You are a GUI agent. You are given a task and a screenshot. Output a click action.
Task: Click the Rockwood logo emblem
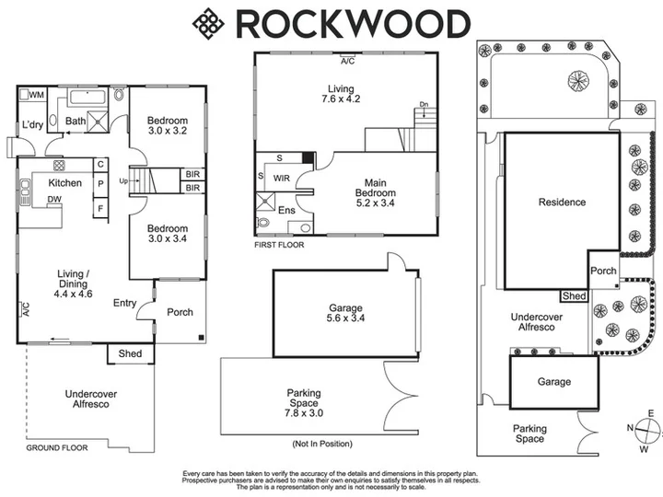pos(208,24)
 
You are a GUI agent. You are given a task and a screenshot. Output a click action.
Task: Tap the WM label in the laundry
pos(37,95)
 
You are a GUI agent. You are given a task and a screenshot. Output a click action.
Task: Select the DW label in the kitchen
pos(54,199)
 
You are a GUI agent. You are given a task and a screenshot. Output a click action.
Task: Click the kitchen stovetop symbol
pos(59,165)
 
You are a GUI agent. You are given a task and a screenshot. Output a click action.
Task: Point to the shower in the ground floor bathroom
pos(98,121)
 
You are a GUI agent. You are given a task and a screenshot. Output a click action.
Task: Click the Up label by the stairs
pos(123,181)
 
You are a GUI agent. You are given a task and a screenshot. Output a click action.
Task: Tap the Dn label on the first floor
pos(424,104)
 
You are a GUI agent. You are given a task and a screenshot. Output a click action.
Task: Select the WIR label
pos(282,179)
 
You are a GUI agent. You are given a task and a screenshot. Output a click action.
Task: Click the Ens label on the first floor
pos(286,210)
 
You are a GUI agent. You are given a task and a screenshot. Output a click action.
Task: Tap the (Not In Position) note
pos(322,444)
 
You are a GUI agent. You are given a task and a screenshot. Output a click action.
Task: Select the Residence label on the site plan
pos(562,202)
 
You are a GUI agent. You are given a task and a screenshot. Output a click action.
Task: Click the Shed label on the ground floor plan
pos(130,353)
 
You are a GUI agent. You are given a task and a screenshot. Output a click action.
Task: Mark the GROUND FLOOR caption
pos(57,448)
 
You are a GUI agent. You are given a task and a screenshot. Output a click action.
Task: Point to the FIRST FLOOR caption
pos(279,245)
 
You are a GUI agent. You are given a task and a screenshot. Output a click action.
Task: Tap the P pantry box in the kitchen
pos(100,184)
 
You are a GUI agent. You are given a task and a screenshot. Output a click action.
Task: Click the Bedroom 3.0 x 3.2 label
pos(168,125)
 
